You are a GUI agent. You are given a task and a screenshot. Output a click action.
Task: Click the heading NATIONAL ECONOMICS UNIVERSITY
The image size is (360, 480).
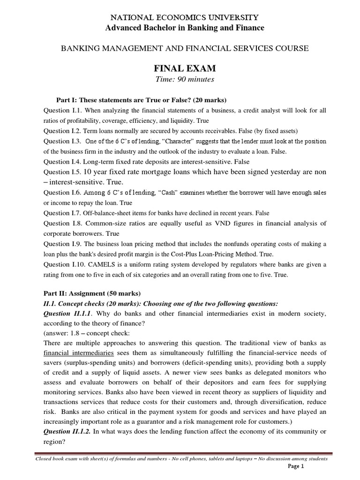(x=183, y=18)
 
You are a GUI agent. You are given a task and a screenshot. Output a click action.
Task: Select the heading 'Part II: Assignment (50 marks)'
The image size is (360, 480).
(x=89, y=293)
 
